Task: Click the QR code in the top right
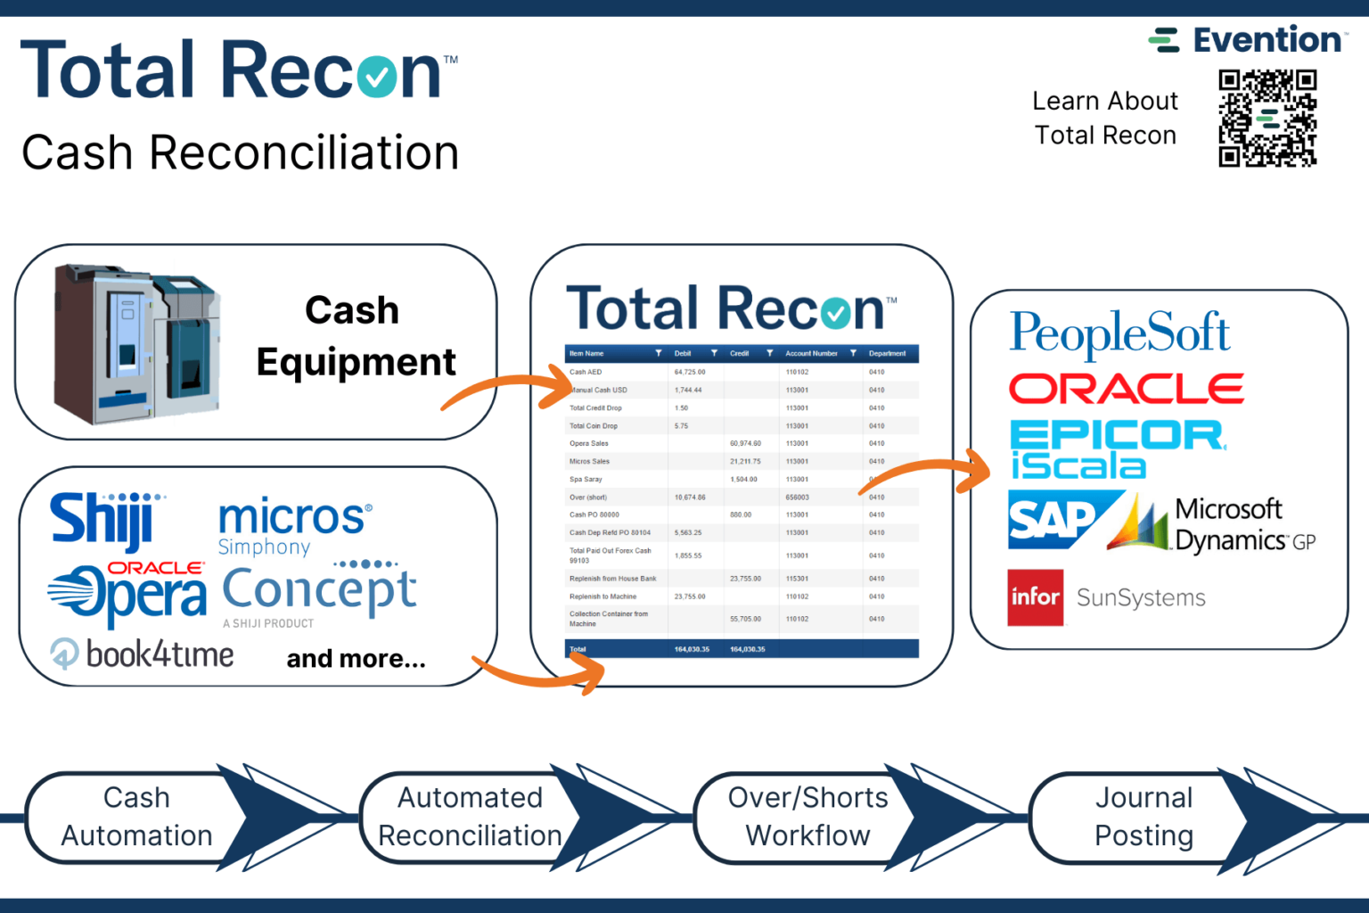click(x=1267, y=119)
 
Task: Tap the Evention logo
click(x=1248, y=40)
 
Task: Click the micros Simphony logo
click(x=293, y=525)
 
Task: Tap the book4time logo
click(x=143, y=655)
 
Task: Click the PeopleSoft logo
click(x=1119, y=333)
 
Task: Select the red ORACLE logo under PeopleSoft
click(x=1126, y=389)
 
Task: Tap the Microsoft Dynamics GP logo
click(x=1213, y=525)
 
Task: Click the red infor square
click(x=1035, y=597)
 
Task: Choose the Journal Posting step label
click(x=1144, y=817)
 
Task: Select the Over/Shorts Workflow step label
click(x=807, y=817)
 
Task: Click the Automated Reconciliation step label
click(x=470, y=817)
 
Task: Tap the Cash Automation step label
click(x=136, y=817)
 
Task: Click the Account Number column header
click(x=811, y=354)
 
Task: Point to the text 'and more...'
click(x=356, y=659)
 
